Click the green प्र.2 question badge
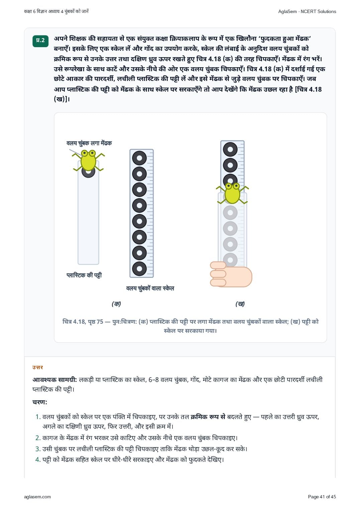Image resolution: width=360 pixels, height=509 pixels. click(x=40, y=41)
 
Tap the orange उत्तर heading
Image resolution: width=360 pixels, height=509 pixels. click(x=37, y=367)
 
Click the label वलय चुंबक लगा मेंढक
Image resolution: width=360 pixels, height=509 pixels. click(x=89, y=143)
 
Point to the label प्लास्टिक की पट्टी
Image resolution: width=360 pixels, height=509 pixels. click(x=84, y=275)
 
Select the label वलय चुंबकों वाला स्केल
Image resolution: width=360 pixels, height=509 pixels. click(x=150, y=288)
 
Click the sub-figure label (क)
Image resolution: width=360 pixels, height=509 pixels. click(x=116, y=304)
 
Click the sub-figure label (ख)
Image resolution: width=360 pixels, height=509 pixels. click(x=240, y=304)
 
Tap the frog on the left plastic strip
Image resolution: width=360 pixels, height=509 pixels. click(x=88, y=160)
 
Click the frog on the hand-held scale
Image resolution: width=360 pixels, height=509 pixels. click(x=232, y=193)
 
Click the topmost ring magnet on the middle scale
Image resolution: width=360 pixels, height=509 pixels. click(x=139, y=158)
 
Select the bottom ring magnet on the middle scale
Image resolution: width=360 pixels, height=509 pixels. click(x=139, y=269)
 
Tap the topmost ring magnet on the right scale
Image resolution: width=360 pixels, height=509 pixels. click(x=230, y=149)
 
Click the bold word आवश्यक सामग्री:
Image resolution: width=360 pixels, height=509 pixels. click(x=55, y=380)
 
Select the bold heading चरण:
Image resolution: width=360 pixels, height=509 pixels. click(x=40, y=402)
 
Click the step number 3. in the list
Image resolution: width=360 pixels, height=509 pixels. click(x=38, y=449)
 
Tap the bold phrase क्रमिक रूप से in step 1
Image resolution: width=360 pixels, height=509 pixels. click(x=208, y=417)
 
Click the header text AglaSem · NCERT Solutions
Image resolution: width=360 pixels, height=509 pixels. click(x=307, y=12)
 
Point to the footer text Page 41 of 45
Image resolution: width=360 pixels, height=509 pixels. click(x=322, y=497)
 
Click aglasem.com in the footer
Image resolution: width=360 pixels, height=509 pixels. click(x=37, y=497)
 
